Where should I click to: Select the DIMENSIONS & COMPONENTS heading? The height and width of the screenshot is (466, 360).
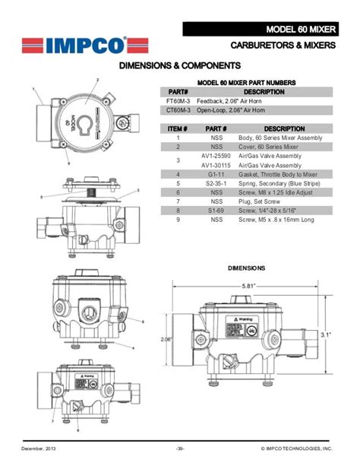coord(179,67)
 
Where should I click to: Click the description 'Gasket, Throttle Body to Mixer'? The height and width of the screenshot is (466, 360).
coord(282,174)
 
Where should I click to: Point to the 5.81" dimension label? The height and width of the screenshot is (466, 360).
coord(249,286)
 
